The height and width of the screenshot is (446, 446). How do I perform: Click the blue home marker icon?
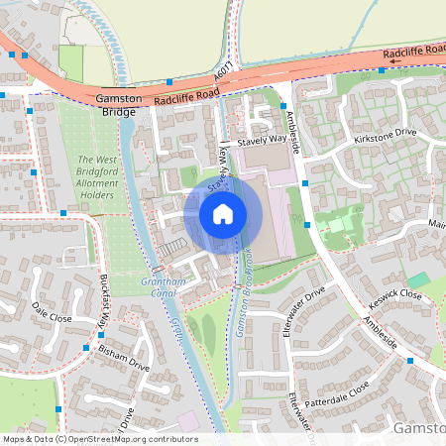click(x=223, y=214)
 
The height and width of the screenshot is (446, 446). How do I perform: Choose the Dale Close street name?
click(x=52, y=311)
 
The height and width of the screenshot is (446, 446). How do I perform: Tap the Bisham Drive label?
click(x=125, y=358)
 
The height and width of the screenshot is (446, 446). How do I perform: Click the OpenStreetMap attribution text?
click(x=99, y=438)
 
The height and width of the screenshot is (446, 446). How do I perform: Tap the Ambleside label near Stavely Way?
click(x=292, y=124)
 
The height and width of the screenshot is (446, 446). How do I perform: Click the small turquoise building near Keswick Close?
click(x=419, y=279)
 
